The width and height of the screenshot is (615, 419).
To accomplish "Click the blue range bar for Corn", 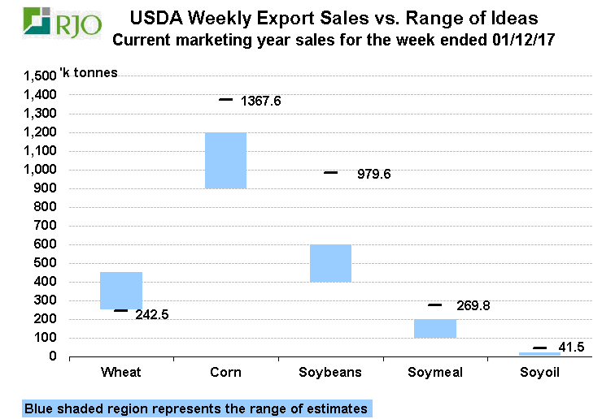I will (225, 160).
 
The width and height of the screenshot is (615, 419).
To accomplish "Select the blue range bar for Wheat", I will (121, 290).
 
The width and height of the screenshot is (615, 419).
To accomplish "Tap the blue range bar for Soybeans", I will (330, 263).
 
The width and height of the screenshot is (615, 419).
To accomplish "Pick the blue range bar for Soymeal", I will (435, 328).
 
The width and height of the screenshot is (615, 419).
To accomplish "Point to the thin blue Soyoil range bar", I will (540, 354).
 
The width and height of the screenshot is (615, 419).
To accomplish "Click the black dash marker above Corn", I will (225, 99).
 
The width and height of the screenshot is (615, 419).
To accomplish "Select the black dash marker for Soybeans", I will (330, 172).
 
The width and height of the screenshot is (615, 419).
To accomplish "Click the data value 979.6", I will (374, 174).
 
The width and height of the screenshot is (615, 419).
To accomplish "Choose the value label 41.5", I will (574, 348).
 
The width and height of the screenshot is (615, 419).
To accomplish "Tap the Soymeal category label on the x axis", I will (434, 373).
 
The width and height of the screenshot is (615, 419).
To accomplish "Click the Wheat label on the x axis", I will (121, 373).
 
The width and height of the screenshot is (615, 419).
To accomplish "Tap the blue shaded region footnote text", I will (195, 408).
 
